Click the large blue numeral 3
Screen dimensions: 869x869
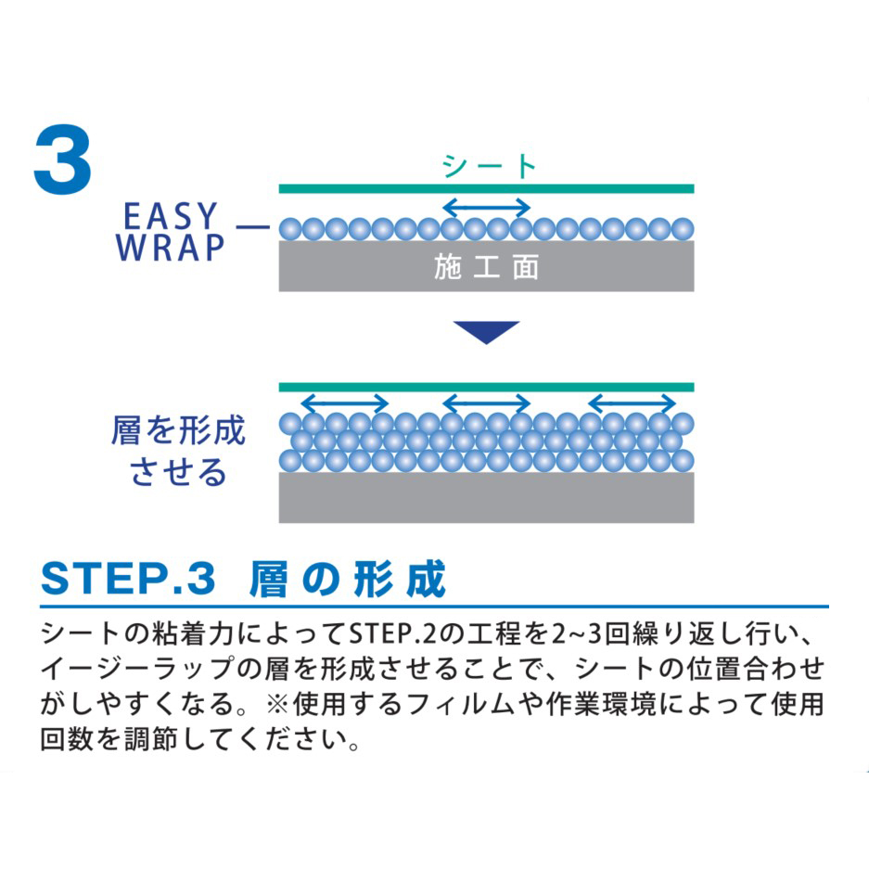(x=63, y=160)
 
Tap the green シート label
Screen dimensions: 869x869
(x=489, y=166)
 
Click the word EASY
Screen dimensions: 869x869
(x=170, y=215)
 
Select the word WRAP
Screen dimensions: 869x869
(x=170, y=248)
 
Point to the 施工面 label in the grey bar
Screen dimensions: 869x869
(x=486, y=267)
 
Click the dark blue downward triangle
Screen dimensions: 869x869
(x=486, y=331)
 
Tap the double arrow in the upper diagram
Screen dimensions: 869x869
(x=487, y=208)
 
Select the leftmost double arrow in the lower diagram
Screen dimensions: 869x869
(x=344, y=403)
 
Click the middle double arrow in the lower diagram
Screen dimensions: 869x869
(x=487, y=403)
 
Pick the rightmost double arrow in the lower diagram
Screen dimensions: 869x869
(x=632, y=403)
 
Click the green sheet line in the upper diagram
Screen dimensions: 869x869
(x=486, y=189)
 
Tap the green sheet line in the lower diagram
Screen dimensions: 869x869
(x=486, y=387)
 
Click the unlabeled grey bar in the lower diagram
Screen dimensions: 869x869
(x=486, y=497)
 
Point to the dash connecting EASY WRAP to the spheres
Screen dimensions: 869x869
(x=252, y=226)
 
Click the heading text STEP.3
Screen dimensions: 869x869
(x=128, y=579)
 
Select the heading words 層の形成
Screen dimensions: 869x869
(x=348, y=579)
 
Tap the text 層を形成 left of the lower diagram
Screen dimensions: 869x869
(x=178, y=430)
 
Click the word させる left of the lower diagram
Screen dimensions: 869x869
(x=178, y=472)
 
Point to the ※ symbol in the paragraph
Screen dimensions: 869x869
(x=278, y=705)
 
